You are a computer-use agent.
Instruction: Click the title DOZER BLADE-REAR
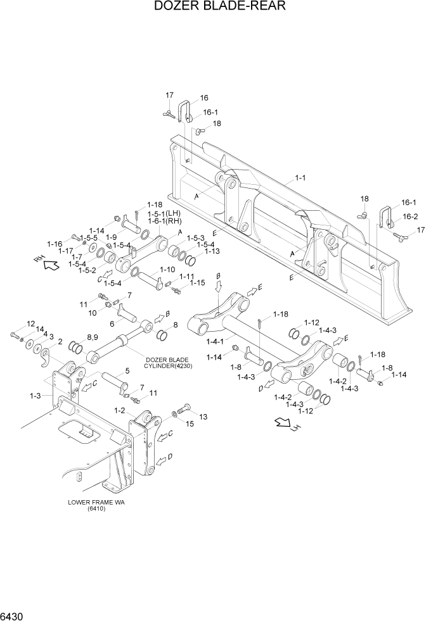tap(220, 7)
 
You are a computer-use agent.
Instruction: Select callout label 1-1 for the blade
tap(300, 179)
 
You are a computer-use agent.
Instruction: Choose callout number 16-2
tap(410, 216)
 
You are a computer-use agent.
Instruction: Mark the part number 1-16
tap(55, 244)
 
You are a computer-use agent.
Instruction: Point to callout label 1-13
tap(212, 251)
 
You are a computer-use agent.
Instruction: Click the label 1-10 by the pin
tap(167, 269)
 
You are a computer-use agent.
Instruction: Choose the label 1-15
tap(197, 282)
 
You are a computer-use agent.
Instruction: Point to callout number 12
tap(30, 323)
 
